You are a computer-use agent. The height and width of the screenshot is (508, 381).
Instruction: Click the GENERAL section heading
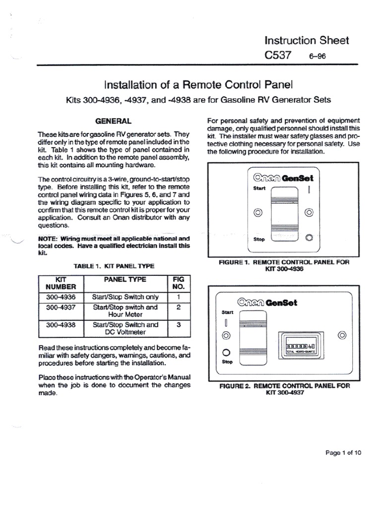pos(114,121)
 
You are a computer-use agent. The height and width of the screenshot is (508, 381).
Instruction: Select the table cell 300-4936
pos(61,297)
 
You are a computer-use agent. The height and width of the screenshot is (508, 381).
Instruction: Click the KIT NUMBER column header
pos(61,283)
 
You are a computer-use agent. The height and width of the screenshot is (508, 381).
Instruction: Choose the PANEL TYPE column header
pos(126,279)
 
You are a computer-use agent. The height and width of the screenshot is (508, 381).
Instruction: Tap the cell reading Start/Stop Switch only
pos(126,297)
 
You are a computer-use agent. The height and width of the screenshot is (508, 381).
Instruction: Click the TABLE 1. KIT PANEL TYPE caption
pos(114,266)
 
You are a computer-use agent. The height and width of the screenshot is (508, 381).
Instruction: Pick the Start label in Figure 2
pos(226,313)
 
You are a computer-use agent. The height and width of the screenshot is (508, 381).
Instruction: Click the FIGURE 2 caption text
pos(284,388)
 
